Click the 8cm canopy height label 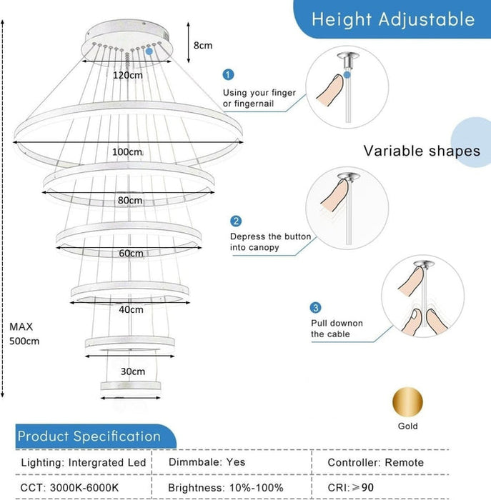tap(203, 45)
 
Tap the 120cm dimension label tap(128, 74)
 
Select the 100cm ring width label tap(127, 152)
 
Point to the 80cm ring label tap(130, 201)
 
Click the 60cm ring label tap(132, 254)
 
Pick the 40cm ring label tap(132, 309)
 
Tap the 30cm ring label tap(133, 371)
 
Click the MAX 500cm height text tap(24, 334)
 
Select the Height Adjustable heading tap(393, 19)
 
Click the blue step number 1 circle tap(228, 74)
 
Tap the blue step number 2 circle tap(236, 221)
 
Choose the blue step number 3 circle tap(315, 308)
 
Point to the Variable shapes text tap(422, 151)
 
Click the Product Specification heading tap(89, 436)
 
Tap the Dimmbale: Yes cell tap(207, 462)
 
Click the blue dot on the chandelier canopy tap(149, 51)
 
